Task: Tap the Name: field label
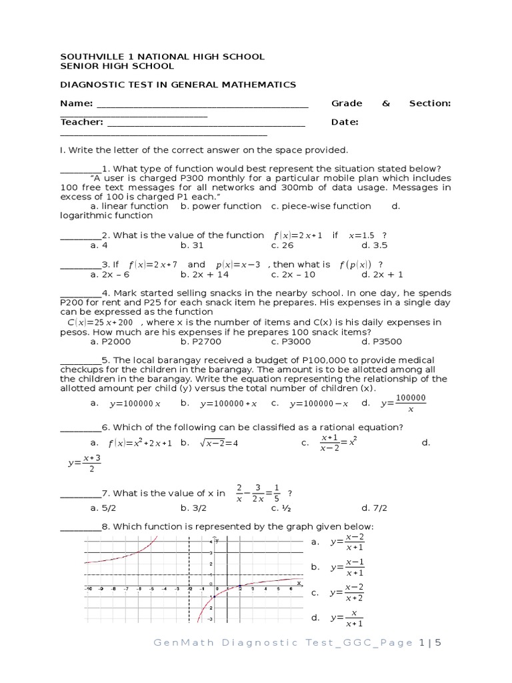[77, 103]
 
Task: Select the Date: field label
[345, 122]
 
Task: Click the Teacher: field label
[82, 122]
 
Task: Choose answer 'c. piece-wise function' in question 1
[321, 206]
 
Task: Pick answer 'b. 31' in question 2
[192, 245]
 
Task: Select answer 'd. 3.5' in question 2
[374, 245]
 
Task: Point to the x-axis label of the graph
[299, 583]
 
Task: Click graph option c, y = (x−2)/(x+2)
[347, 592]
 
